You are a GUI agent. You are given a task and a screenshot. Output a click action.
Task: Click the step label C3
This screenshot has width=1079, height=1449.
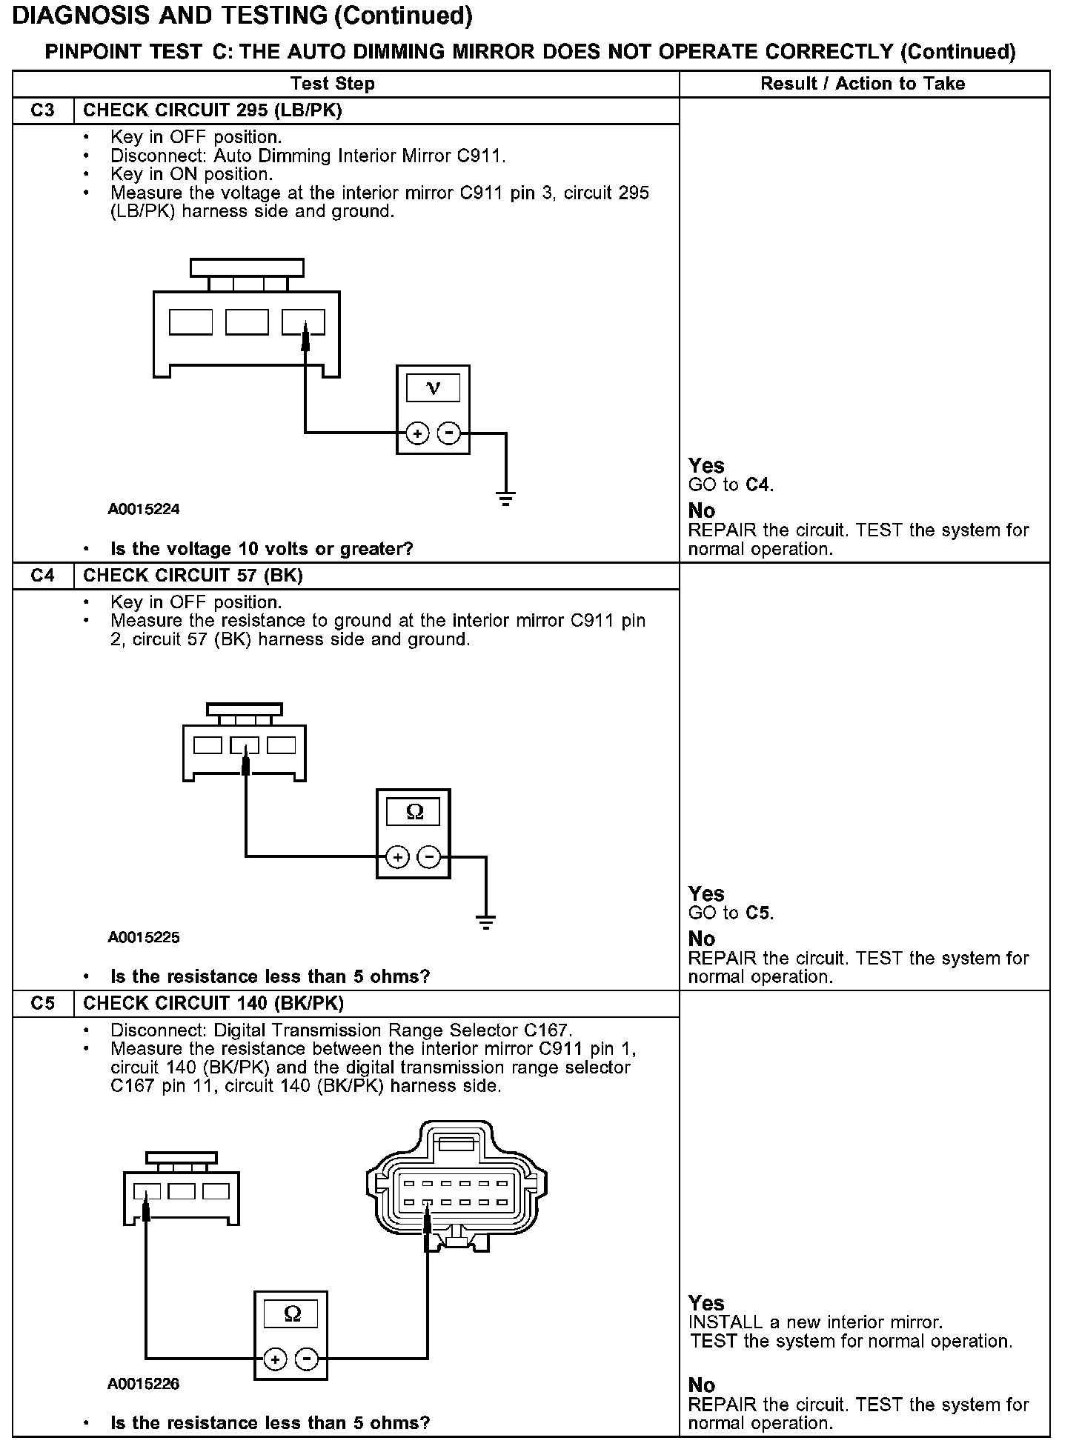[43, 110]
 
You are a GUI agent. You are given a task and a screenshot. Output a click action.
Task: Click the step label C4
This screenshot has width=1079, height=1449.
[43, 576]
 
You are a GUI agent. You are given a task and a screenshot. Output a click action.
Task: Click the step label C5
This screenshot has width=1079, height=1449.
[43, 1003]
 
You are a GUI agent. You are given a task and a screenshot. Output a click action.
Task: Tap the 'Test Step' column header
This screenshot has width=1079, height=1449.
[332, 84]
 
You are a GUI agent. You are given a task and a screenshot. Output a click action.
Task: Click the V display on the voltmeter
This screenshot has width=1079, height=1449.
[434, 388]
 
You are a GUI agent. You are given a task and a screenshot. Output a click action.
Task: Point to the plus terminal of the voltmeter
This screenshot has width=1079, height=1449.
[417, 433]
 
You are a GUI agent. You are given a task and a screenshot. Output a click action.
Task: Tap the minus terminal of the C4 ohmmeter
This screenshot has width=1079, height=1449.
[429, 857]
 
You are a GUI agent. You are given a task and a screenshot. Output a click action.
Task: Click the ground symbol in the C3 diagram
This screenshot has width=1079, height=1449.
[505, 498]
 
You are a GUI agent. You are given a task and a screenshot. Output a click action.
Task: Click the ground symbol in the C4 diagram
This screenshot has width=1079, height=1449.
[486, 922]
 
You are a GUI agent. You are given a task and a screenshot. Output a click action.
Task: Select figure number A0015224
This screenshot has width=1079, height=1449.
[144, 509]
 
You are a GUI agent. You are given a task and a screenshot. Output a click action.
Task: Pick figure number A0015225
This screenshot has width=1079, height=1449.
[144, 937]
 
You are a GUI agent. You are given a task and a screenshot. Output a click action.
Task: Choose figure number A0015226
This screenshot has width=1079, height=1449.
[144, 1384]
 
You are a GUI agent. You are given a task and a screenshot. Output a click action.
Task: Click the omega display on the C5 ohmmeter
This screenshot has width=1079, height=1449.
[292, 1314]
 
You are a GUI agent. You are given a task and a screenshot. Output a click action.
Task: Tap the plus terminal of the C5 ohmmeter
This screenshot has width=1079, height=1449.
[275, 1359]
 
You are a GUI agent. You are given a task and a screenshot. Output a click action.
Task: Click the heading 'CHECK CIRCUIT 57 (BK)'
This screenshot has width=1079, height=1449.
[193, 576]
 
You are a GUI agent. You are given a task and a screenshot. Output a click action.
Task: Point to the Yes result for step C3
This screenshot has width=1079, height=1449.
[706, 466]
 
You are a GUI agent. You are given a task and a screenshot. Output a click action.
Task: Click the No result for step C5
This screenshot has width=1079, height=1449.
[702, 1385]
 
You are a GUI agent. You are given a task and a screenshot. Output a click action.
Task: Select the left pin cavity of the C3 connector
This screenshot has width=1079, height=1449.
[190, 322]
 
